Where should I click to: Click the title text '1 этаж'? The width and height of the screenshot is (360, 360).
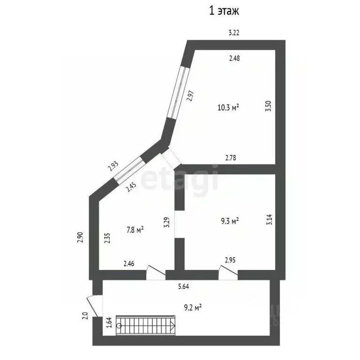224,11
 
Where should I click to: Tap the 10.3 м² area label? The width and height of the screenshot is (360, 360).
228,107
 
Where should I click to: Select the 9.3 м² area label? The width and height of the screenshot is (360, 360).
230,221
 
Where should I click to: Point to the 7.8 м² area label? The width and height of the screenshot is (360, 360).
135,230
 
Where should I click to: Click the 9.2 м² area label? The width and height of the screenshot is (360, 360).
193,307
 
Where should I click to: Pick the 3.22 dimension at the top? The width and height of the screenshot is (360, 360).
234,33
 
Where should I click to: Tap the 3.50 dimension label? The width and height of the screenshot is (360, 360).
268,106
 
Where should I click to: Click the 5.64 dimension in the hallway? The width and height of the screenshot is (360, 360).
183,286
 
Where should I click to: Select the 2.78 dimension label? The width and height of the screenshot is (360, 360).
231,157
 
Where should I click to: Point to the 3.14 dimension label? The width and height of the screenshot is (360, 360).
270,219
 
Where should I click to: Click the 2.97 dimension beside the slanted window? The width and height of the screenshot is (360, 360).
190,96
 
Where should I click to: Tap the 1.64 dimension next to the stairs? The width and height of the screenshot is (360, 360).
109,322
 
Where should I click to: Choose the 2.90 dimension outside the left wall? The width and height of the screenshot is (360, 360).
80,237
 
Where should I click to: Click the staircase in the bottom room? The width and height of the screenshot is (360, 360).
146,326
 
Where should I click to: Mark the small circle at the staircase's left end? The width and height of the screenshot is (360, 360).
119,326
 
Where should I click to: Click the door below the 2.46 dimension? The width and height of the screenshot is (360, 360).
156,272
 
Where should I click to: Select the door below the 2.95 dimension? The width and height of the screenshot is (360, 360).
228,272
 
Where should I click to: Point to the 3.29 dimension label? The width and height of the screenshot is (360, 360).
167,222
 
